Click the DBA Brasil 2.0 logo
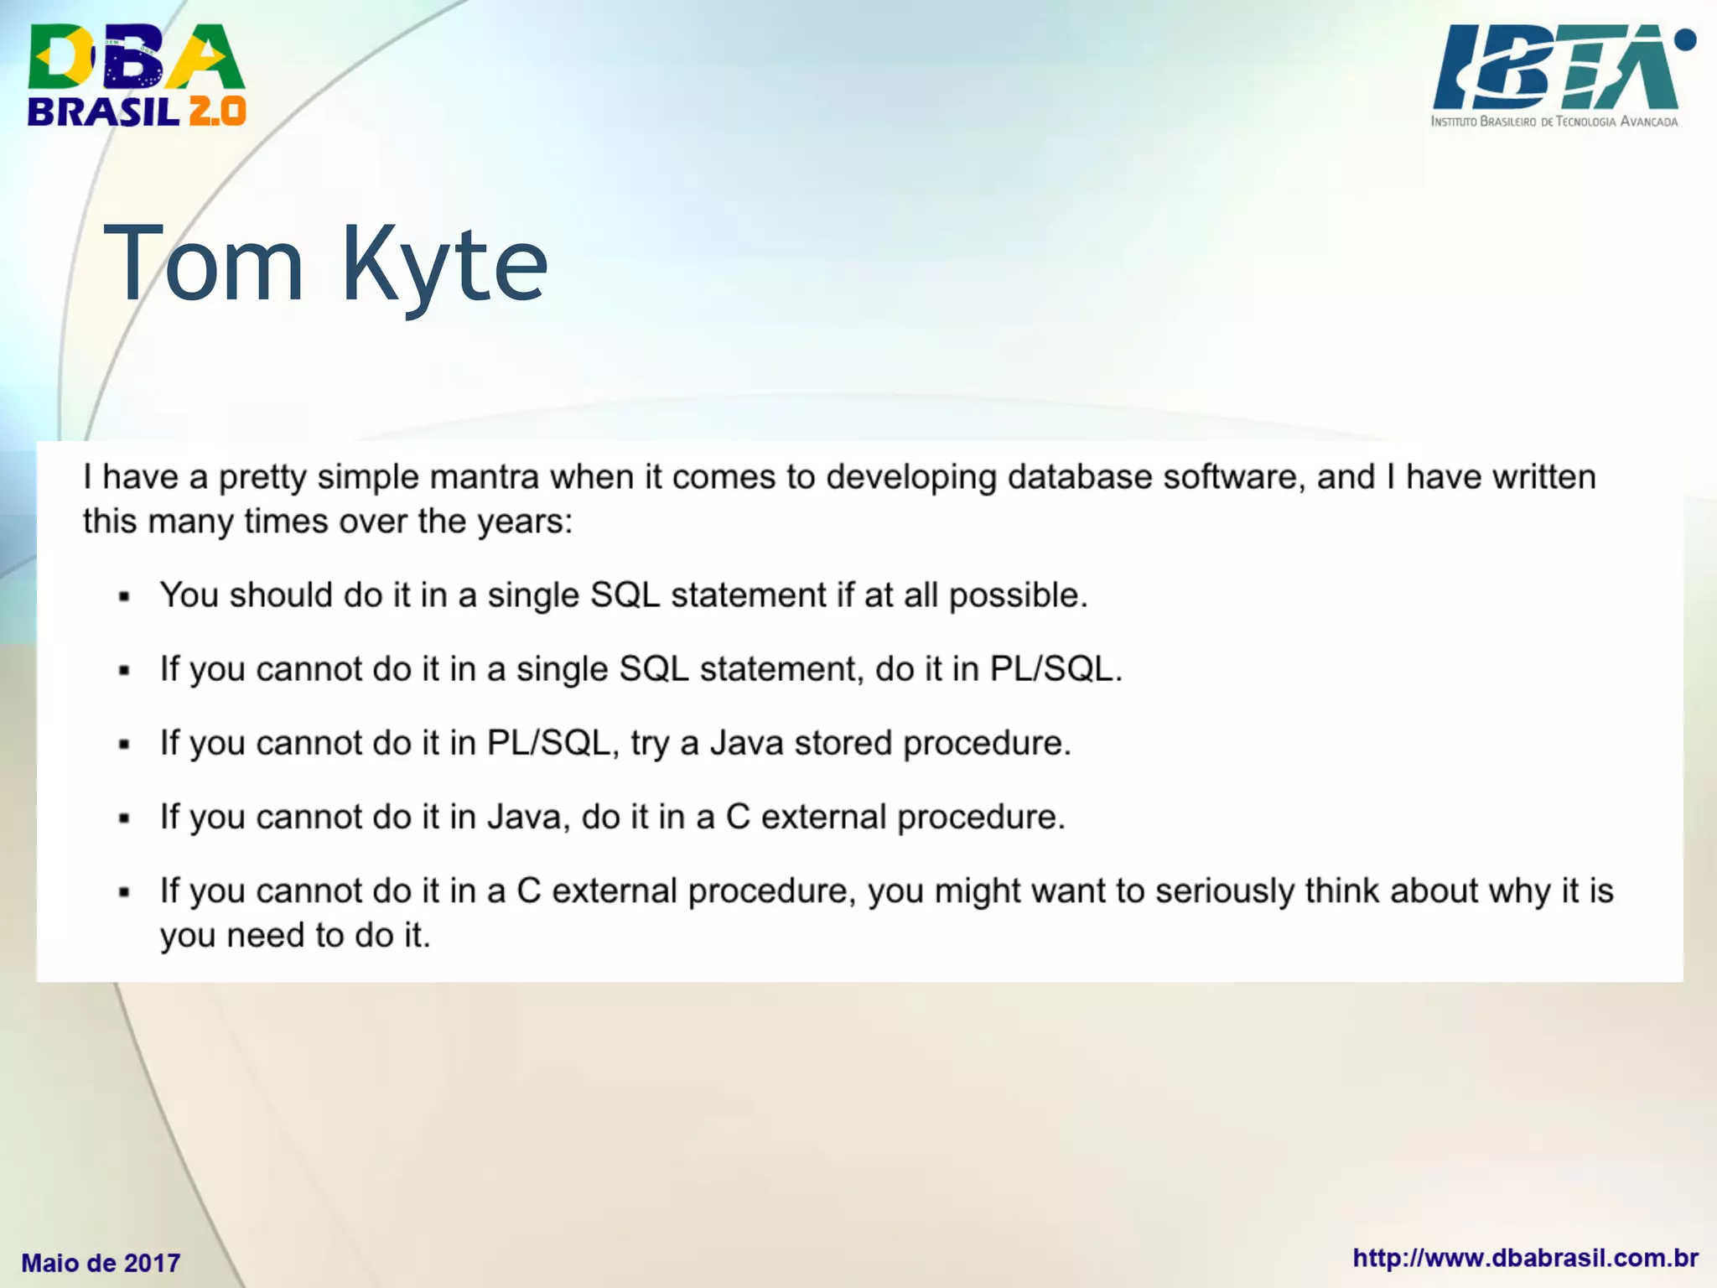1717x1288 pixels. point(136,75)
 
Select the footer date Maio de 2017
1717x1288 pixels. point(101,1263)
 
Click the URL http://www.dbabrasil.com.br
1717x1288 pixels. point(1525,1258)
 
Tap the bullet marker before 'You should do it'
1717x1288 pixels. point(125,597)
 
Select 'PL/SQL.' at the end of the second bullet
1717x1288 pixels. point(1056,669)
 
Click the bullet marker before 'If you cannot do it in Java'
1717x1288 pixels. point(125,818)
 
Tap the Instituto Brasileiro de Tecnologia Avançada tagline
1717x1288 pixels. point(1554,122)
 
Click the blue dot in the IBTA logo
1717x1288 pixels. point(1684,39)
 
